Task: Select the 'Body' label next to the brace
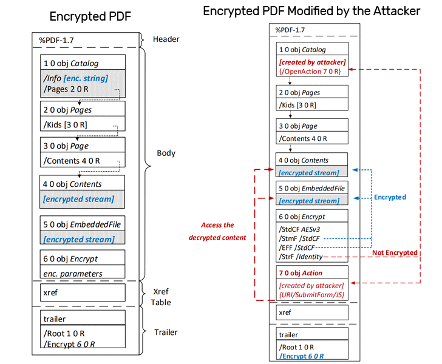click(x=165, y=153)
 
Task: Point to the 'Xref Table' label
click(x=161, y=297)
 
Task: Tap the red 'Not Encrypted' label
click(x=395, y=252)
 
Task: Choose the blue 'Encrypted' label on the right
click(x=390, y=197)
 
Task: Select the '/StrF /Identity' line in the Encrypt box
click(x=301, y=257)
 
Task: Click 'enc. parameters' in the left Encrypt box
click(x=72, y=274)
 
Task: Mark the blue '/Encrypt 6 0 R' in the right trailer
click(x=301, y=356)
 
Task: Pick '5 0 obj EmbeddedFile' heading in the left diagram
click(x=82, y=224)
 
